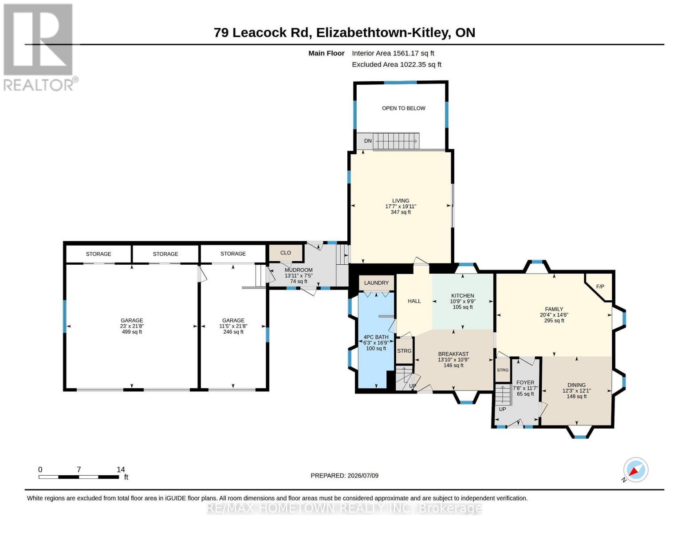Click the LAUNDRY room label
pyautogui.click(x=376, y=282)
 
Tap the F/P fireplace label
pyautogui.click(x=600, y=286)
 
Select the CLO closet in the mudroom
pyautogui.click(x=285, y=253)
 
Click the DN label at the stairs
pyautogui.click(x=368, y=141)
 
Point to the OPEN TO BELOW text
pyautogui.click(x=403, y=108)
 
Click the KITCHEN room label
pyautogui.click(x=463, y=295)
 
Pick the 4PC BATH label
pyautogui.click(x=376, y=337)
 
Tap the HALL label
pyautogui.click(x=414, y=301)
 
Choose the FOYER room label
pyautogui.click(x=525, y=382)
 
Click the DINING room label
pyautogui.click(x=576, y=385)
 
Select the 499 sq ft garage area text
pyautogui.click(x=132, y=332)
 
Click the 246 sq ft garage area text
pyautogui.click(x=233, y=332)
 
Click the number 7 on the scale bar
pyautogui.click(x=79, y=469)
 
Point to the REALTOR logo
pyautogui.click(x=39, y=48)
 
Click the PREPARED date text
pyautogui.click(x=344, y=476)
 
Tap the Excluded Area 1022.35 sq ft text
pyautogui.click(x=396, y=64)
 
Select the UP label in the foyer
pyautogui.click(x=502, y=409)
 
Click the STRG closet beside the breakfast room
pyautogui.click(x=404, y=350)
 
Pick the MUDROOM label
pyautogui.click(x=299, y=270)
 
